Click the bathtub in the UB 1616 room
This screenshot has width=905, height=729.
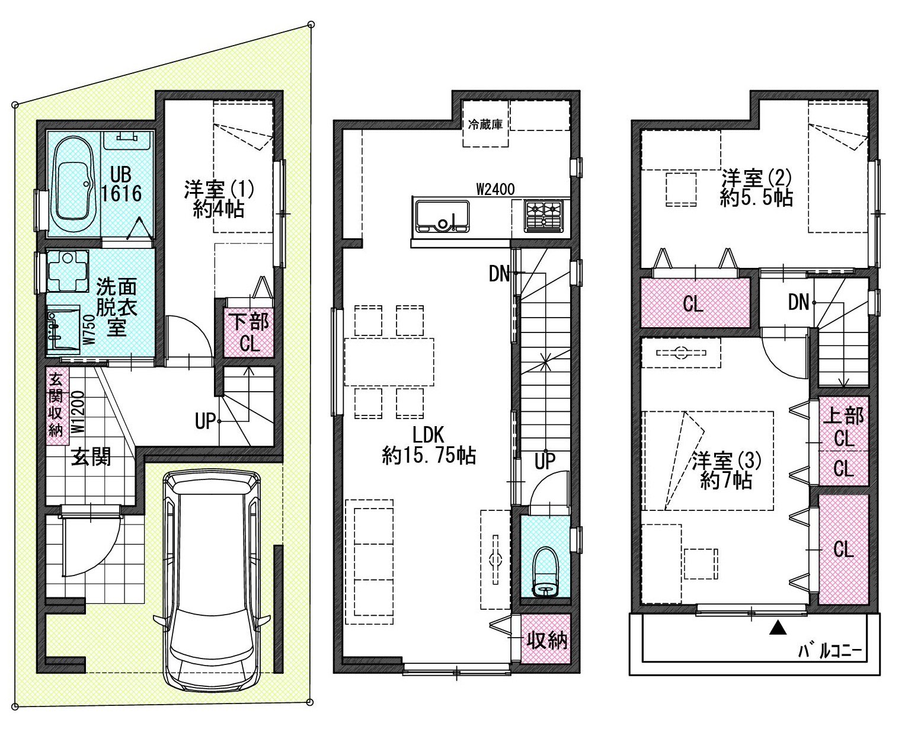pyautogui.click(x=74, y=185)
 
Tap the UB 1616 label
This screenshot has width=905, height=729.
pyautogui.click(x=121, y=184)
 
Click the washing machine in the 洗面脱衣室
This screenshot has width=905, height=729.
pyautogui.click(x=68, y=271)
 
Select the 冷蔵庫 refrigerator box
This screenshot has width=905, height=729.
pyautogui.click(x=486, y=123)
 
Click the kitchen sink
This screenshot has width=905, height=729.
pyautogui.click(x=442, y=216)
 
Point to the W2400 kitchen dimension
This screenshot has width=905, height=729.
pyautogui.click(x=495, y=189)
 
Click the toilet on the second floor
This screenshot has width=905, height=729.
pyautogui.click(x=545, y=571)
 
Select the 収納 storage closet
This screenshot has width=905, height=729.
pyautogui.click(x=545, y=639)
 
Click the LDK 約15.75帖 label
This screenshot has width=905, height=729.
pyautogui.click(x=429, y=445)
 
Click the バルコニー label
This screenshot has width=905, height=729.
pyautogui.click(x=830, y=652)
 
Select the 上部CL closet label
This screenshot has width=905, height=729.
pyautogui.click(x=843, y=427)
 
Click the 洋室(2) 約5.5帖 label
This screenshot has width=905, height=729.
pyautogui.click(x=757, y=188)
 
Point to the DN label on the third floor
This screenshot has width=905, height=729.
pyautogui.click(x=798, y=302)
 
